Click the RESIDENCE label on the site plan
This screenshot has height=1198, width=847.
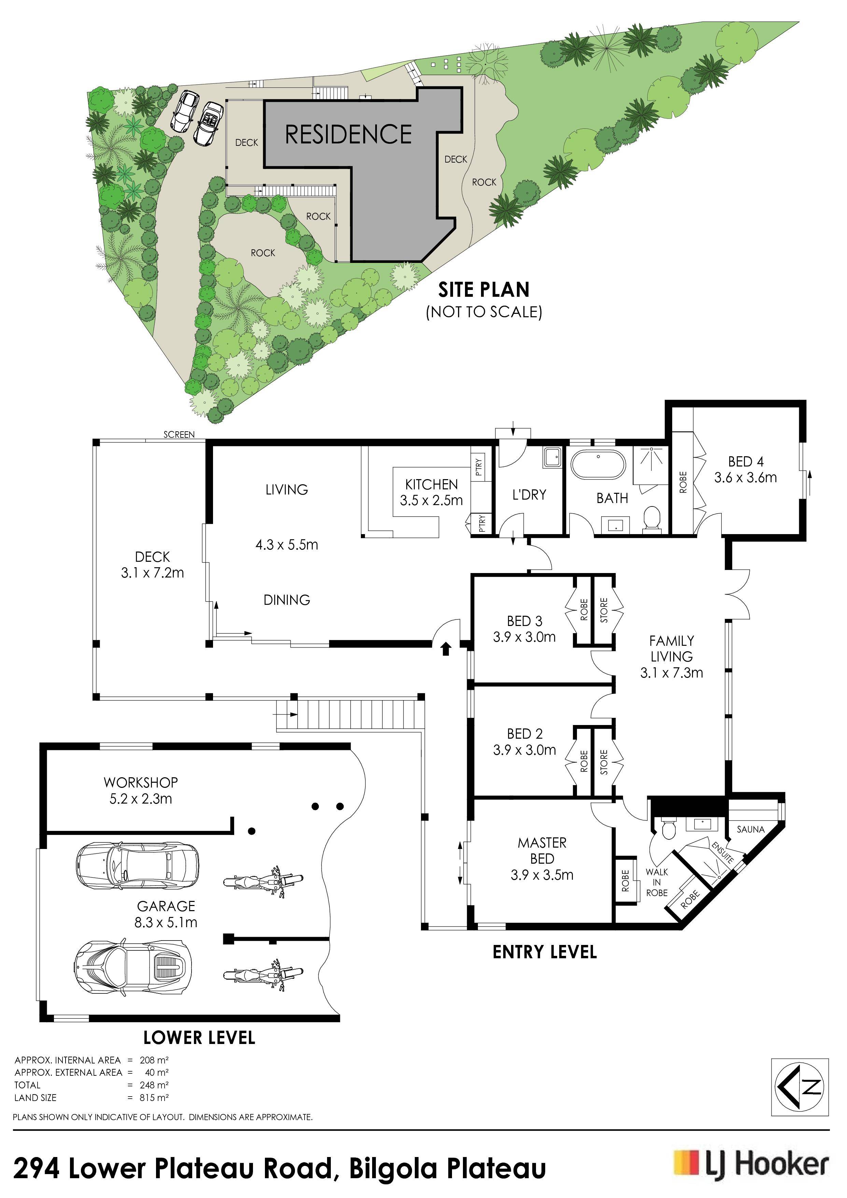click(349, 134)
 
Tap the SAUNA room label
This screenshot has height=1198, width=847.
click(750, 829)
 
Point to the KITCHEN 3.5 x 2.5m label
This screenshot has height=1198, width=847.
click(431, 492)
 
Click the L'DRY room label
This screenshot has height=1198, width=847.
click(529, 494)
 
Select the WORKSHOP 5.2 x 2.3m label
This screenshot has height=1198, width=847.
click(141, 791)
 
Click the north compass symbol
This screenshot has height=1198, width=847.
click(800, 1087)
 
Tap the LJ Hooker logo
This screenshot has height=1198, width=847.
click(751, 1164)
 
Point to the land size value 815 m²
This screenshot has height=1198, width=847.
click(154, 1097)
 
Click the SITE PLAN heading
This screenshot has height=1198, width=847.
click(483, 290)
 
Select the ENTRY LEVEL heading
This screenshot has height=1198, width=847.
click(545, 952)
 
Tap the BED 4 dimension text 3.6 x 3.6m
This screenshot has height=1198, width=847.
click(745, 477)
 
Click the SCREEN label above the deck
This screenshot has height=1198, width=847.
click(179, 434)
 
